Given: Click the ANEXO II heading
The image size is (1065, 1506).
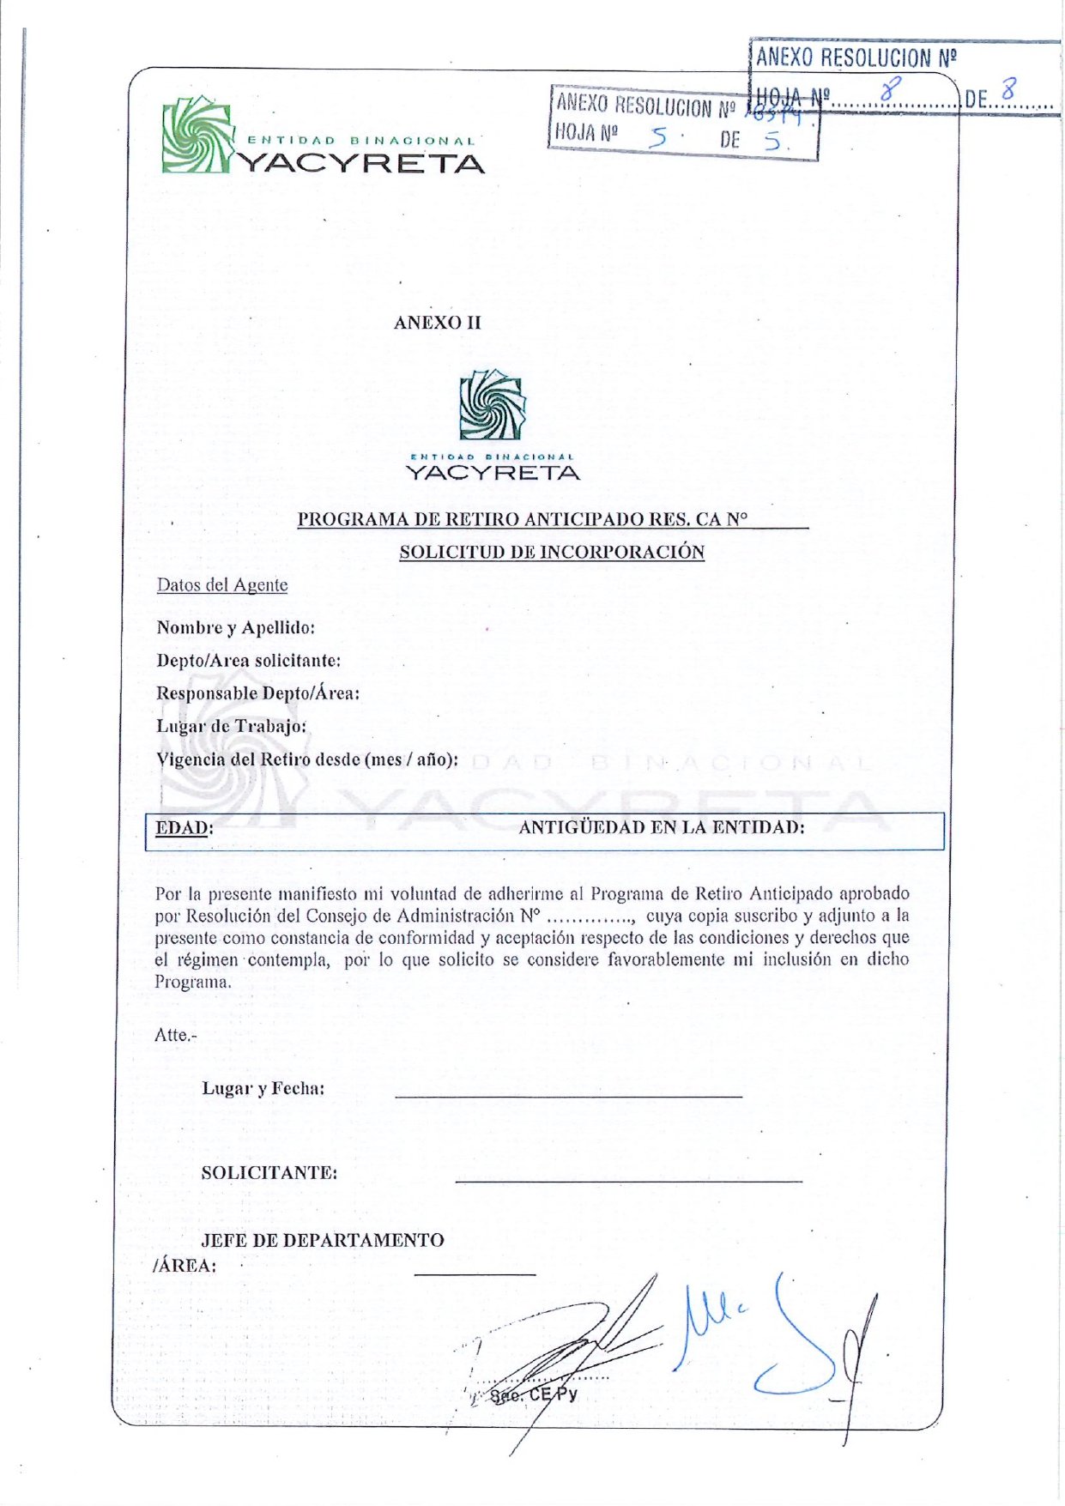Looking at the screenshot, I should [437, 323].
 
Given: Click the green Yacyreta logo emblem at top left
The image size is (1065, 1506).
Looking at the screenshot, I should [197, 135].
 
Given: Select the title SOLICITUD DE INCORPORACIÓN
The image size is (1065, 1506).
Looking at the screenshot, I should [552, 552].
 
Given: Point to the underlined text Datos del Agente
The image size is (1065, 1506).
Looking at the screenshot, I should [221, 585].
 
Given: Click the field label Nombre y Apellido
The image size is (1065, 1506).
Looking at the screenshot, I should [235, 627].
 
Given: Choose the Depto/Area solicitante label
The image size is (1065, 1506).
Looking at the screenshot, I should [248, 661].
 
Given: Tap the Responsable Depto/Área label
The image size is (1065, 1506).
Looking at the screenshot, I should [257, 693].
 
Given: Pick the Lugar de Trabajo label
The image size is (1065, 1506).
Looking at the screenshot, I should [231, 726].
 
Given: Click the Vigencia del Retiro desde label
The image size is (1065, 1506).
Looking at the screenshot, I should [306, 759].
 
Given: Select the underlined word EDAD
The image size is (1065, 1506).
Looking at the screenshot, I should [182, 828].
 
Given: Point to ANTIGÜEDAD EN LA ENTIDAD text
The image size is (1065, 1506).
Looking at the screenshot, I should [662, 827].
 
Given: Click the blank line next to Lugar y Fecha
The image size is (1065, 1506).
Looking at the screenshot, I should [568, 1096].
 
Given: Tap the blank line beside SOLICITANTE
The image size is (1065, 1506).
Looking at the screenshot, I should [628, 1181].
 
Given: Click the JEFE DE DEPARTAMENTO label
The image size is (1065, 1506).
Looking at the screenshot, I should [322, 1241].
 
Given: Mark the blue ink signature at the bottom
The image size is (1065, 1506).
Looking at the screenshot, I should [772, 1339].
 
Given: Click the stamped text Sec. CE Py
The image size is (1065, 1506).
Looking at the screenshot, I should [533, 1394].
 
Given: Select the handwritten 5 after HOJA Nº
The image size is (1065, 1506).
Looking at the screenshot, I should [658, 136].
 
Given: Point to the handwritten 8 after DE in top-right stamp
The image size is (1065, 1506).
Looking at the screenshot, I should [1010, 88].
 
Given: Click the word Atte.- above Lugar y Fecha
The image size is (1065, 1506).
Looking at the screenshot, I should [175, 1035].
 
